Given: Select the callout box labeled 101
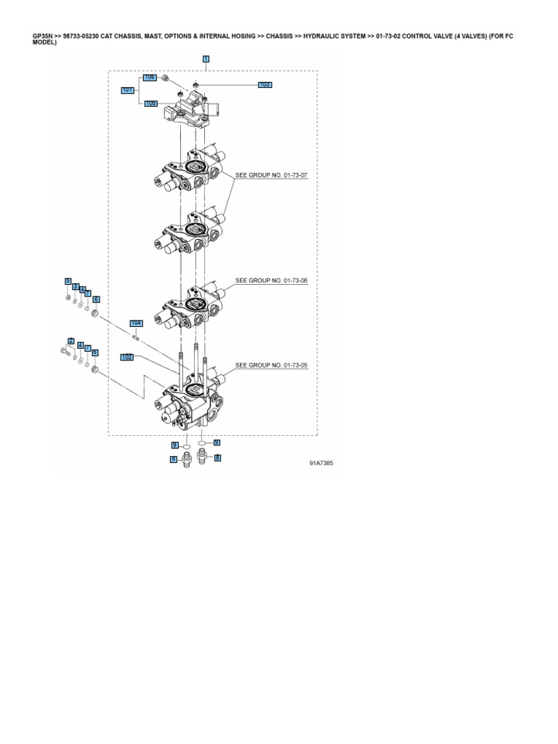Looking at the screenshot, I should pyautogui.click(x=128, y=90).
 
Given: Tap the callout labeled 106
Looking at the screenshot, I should pyautogui.click(x=150, y=77).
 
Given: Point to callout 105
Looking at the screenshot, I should pyautogui.click(x=150, y=103).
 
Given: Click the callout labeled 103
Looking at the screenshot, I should pyautogui.click(x=265, y=85).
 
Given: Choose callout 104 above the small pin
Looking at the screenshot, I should pyautogui.click(x=136, y=323).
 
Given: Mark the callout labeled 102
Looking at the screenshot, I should pyautogui.click(x=127, y=357).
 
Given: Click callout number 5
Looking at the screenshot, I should pyautogui.click(x=68, y=280).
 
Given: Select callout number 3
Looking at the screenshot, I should pyautogui.click(x=76, y=286).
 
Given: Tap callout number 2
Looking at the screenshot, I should pyautogui.click(x=71, y=341).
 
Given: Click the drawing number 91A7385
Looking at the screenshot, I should pyautogui.click(x=321, y=462).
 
